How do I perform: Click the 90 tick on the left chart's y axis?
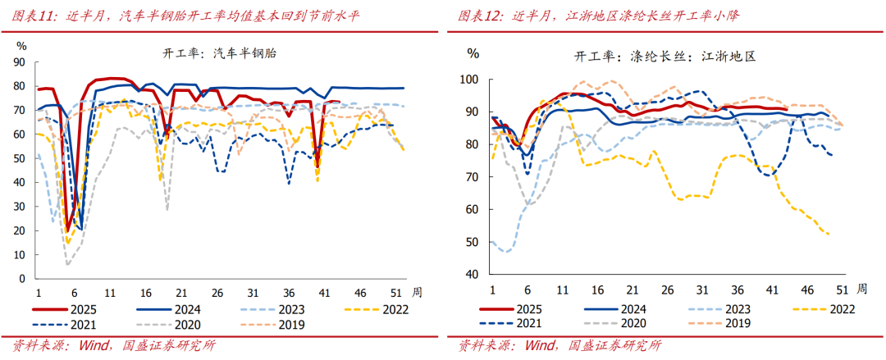click(x=21, y=62)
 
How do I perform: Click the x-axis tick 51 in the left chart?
click(x=395, y=292)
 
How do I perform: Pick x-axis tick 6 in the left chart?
click(x=74, y=292)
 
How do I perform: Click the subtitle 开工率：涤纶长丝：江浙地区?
click(x=664, y=57)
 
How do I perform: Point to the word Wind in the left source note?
click(x=95, y=345)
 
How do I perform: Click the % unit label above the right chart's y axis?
click(x=473, y=53)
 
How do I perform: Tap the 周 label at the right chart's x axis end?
click(x=861, y=289)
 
